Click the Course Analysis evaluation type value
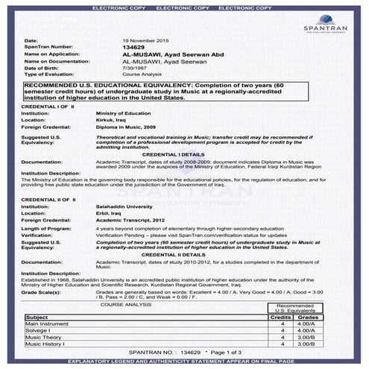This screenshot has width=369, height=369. (141, 75)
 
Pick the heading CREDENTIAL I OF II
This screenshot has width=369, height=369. (49, 107)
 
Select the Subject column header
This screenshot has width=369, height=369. (37, 317)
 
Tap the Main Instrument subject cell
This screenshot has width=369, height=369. (45, 324)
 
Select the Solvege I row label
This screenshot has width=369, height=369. (38, 331)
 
